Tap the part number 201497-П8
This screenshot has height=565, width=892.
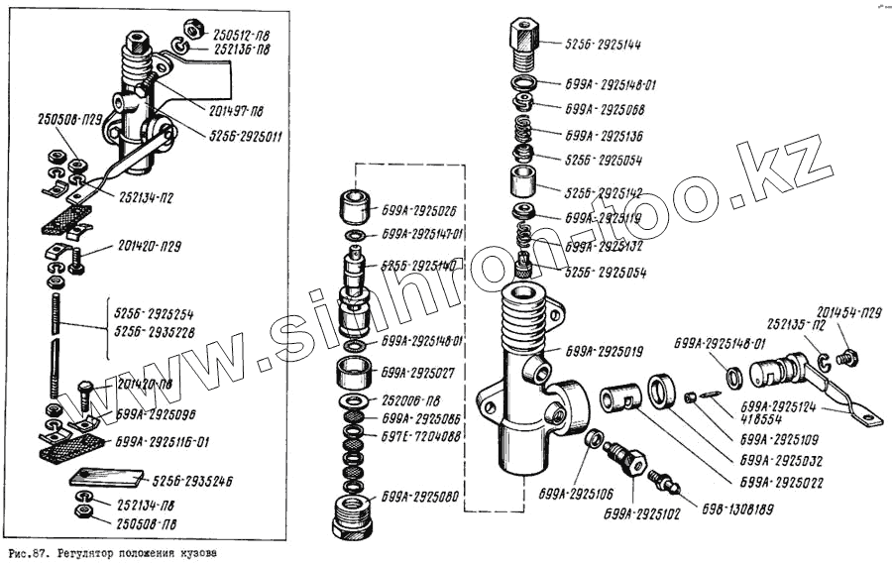[234, 110]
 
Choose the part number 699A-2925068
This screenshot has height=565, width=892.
[605, 109]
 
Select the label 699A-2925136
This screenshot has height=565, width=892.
[605, 135]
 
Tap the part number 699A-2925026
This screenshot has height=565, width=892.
[420, 210]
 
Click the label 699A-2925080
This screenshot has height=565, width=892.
[420, 496]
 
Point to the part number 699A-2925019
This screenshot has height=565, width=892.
[605, 350]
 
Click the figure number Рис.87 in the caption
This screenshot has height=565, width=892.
[26, 551]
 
